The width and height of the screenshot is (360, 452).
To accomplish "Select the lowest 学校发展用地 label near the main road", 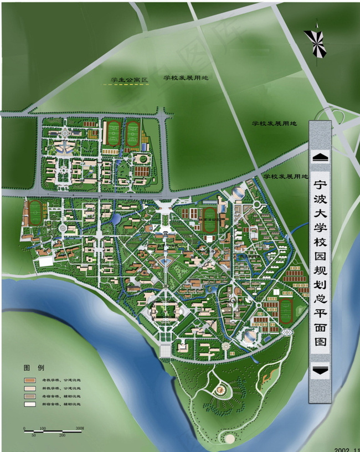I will tap(285, 176).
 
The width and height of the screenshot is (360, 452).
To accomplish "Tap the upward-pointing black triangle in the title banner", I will tap(320, 157).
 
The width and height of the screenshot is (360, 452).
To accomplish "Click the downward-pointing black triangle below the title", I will tap(320, 371).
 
